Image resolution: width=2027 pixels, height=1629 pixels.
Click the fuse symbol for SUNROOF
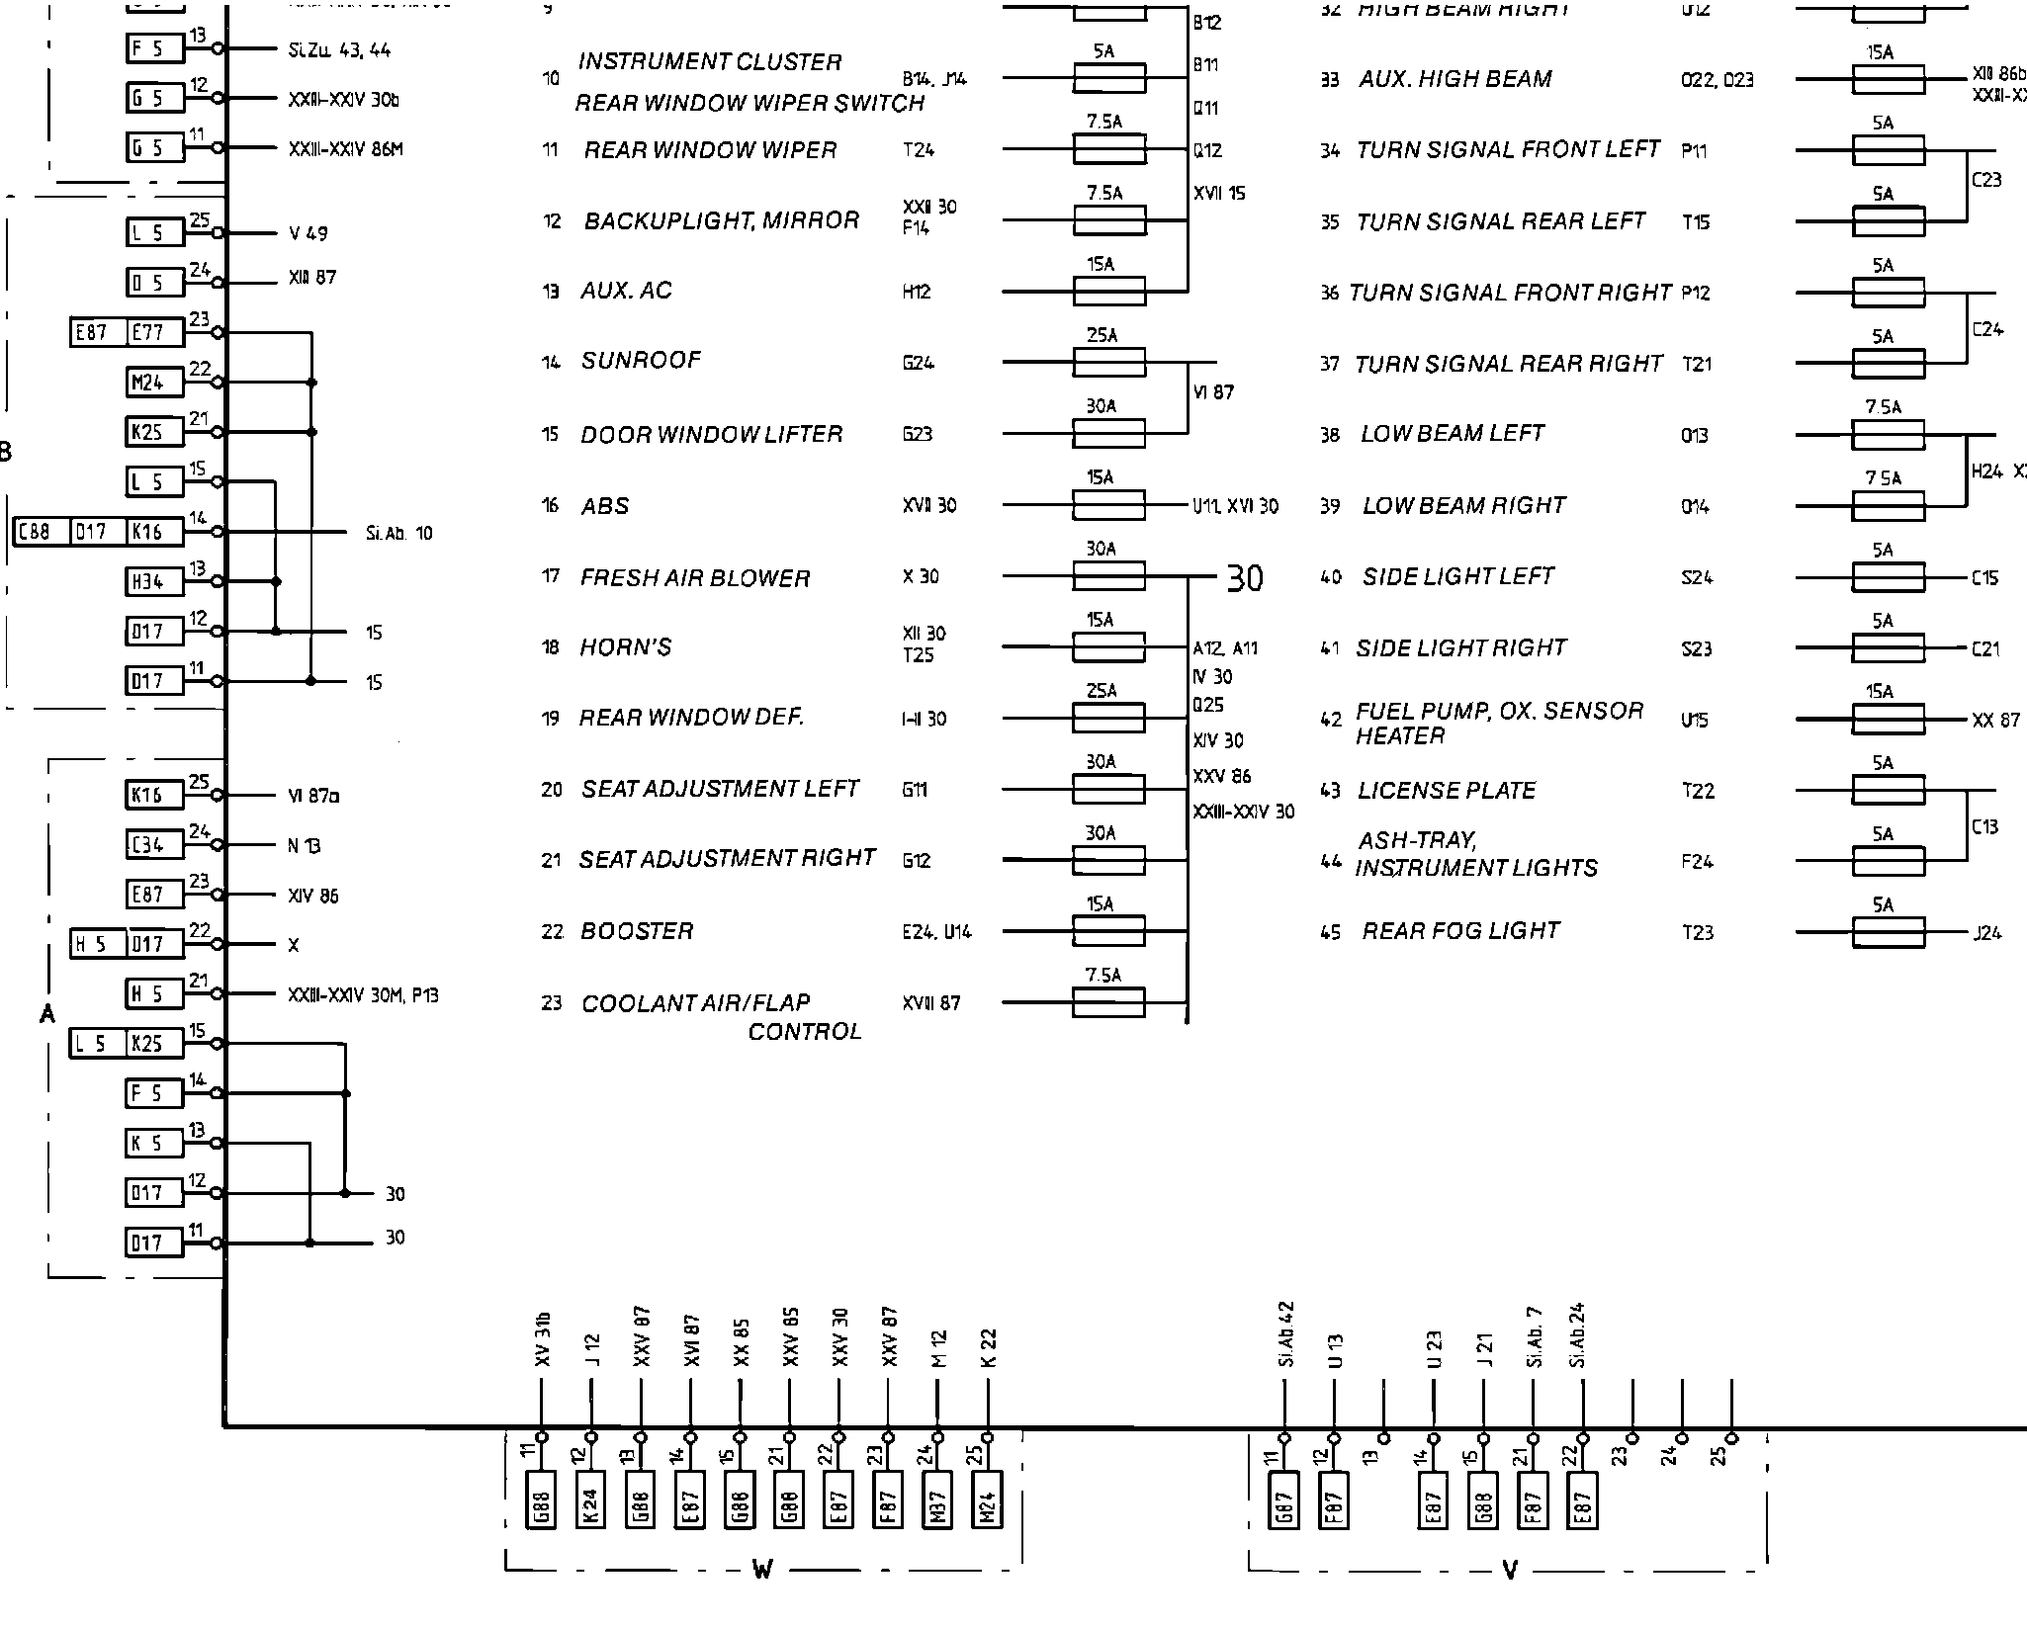coord(1108,363)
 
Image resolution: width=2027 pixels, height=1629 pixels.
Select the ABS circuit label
coord(605,506)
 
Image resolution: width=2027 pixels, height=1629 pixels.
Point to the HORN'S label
coord(626,647)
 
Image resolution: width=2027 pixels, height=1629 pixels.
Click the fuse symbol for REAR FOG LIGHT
coord(1888,933)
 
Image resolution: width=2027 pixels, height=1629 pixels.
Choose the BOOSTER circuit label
coord(637,931)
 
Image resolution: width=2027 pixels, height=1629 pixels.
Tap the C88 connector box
coord(35,532)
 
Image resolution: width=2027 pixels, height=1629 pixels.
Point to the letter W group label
coord(762,1570)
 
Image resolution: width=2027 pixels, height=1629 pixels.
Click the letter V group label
coord(1509,1570)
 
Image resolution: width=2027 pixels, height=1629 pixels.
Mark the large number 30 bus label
coord(1244,578)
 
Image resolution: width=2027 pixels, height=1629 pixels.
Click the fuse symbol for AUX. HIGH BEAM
coord(1888,79)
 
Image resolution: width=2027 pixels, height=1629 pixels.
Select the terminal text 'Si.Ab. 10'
coord(398,534)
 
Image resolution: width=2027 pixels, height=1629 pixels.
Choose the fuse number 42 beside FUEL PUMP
coord(1331,720)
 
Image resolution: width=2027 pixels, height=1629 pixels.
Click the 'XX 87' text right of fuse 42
coord(1995,721)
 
